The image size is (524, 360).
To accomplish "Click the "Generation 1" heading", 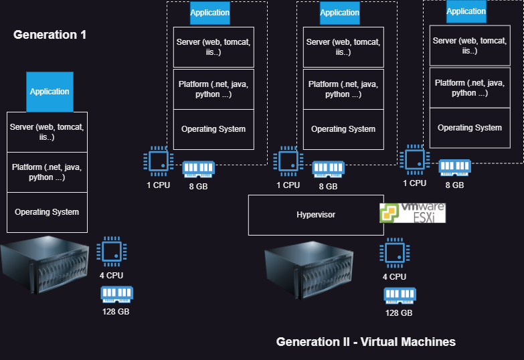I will point(50,35).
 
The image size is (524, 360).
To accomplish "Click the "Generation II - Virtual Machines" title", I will point(365,342).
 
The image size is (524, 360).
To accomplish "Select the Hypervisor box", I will point(316,215).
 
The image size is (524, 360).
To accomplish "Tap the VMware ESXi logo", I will point(412,213).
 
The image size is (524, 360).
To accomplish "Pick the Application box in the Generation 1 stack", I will point(50,92).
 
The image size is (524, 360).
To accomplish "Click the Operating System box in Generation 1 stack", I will point(47,212).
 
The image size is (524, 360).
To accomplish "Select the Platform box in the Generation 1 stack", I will point(47,172).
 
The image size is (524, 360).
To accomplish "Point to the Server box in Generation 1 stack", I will point(47,132).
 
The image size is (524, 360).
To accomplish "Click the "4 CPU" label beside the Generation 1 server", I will point(111,275).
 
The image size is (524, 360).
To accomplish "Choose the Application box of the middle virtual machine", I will point(339,13).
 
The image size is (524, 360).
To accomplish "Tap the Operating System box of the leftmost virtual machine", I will point(213,129).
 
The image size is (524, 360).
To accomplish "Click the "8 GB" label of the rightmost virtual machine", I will point(454,185).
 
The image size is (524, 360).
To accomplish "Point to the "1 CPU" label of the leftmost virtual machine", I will point(158,185).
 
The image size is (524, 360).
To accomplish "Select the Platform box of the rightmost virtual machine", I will point(469,88).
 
